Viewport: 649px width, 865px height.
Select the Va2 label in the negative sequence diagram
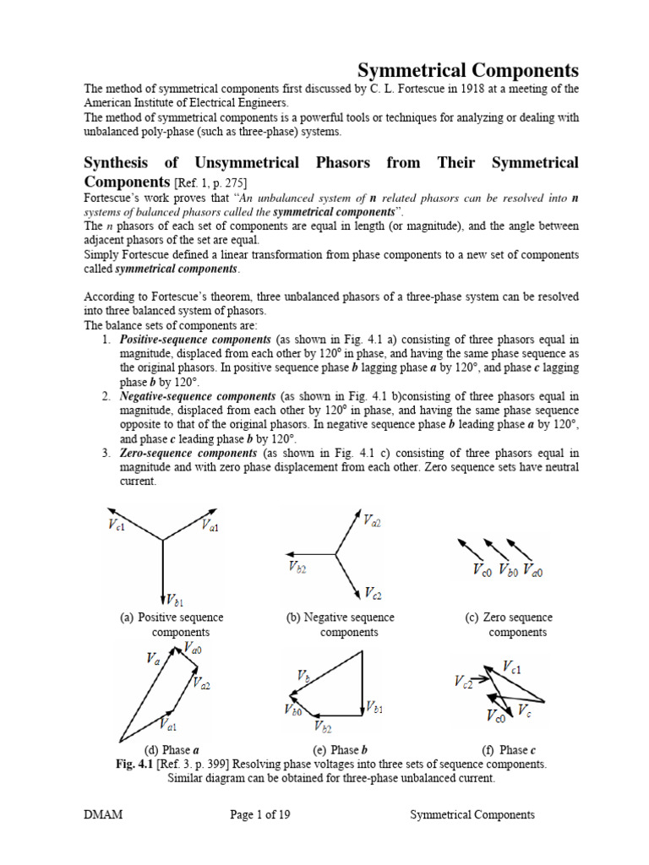372,522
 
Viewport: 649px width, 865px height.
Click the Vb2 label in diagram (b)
297,568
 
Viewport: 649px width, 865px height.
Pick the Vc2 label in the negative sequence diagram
373,592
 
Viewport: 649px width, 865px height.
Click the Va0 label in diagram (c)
532,571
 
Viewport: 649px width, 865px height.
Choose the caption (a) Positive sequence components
172,625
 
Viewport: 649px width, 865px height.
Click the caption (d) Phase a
172,750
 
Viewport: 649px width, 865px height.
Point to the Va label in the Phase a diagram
153,659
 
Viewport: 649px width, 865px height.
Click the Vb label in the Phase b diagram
303,676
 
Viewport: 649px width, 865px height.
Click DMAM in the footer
101,815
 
